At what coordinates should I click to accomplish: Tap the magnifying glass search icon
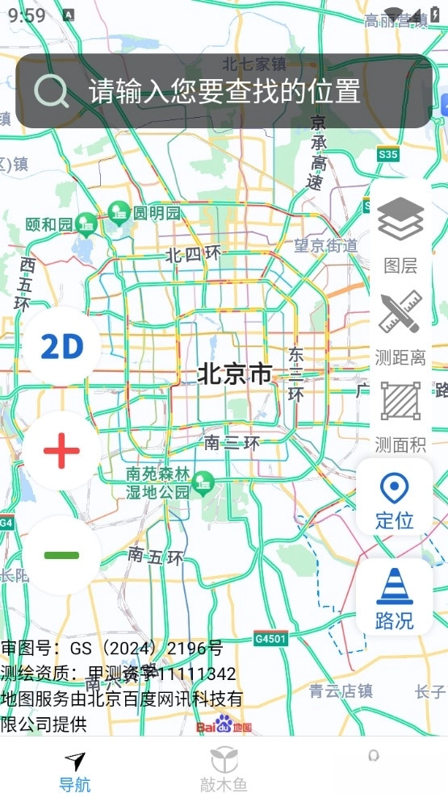pos(52,92)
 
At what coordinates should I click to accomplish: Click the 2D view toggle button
pos(62,346)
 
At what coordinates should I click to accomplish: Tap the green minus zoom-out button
pos(62,555)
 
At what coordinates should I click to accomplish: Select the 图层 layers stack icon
pos(400,219)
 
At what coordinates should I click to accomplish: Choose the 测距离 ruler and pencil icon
pos(400,313)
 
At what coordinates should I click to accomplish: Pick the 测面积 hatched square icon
pos(400,402)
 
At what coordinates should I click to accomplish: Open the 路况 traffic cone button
pos(395,597)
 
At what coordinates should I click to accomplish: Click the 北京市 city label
pos(235,374)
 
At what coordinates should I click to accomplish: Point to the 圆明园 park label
pos(157,214)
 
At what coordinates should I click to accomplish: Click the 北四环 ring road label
pos(193,255)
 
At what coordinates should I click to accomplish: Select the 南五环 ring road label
pos(156,556)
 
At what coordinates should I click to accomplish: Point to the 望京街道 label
pos(325,246)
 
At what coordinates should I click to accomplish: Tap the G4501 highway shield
pos(270,639)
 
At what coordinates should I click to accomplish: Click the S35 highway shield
pos(387,154)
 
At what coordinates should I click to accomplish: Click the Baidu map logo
pos(224,726)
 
